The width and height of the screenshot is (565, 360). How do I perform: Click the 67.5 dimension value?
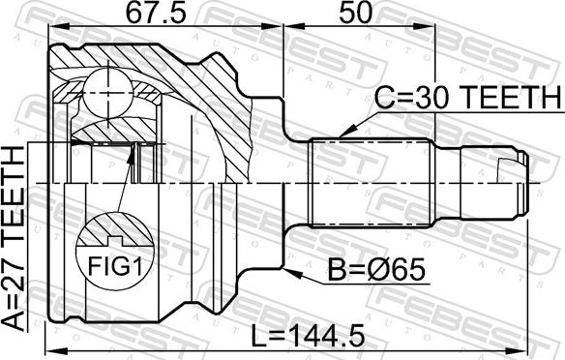tap(156, 14)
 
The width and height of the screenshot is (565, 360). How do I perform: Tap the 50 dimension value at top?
tap(355, 14)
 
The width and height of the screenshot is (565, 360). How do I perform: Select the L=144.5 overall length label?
tap(307, 336)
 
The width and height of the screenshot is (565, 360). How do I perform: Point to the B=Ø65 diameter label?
tap(376, 271)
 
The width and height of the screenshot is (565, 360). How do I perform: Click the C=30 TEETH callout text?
tap(467, 98)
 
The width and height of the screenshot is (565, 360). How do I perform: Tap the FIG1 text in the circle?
tap(116, 266)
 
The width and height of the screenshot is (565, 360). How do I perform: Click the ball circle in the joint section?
tap(108, 92)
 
